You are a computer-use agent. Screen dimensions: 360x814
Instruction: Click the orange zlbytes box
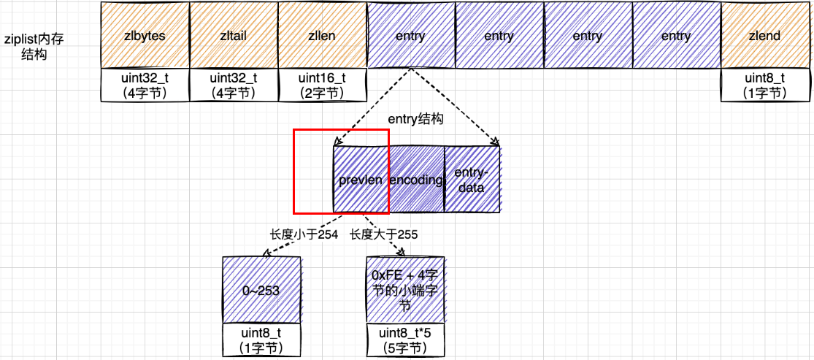(145, 35)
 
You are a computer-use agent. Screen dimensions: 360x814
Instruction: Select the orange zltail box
(233, 35)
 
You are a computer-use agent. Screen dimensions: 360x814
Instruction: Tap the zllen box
(322, 35)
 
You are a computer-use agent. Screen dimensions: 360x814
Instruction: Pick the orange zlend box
(764, 35)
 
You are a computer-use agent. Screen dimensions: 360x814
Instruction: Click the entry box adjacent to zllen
(410, 35)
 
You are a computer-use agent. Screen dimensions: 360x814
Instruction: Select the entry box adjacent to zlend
(676, 35)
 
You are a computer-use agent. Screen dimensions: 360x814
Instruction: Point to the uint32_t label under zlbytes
(145, 85)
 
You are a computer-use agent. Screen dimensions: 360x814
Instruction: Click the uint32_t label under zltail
(233, 85)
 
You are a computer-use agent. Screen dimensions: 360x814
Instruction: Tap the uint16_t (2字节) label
(322, 85)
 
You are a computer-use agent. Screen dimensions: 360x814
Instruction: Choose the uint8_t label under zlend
(764, 85)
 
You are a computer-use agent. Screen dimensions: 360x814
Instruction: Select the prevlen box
(360, 180)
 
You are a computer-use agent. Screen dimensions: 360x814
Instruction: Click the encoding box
(416, 180)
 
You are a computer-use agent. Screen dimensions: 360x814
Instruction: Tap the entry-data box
(472, 180)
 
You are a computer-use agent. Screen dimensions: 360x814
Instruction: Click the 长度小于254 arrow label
(304, 234)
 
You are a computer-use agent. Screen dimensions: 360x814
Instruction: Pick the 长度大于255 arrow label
(383, 234)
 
